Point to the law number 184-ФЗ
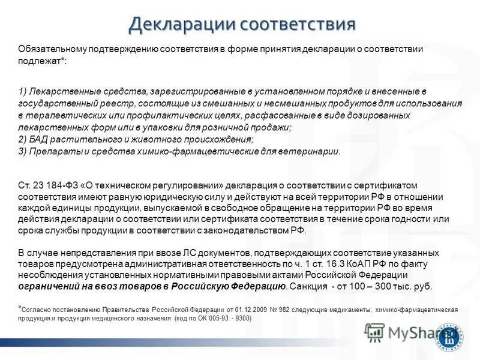[x=54, y=185]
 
